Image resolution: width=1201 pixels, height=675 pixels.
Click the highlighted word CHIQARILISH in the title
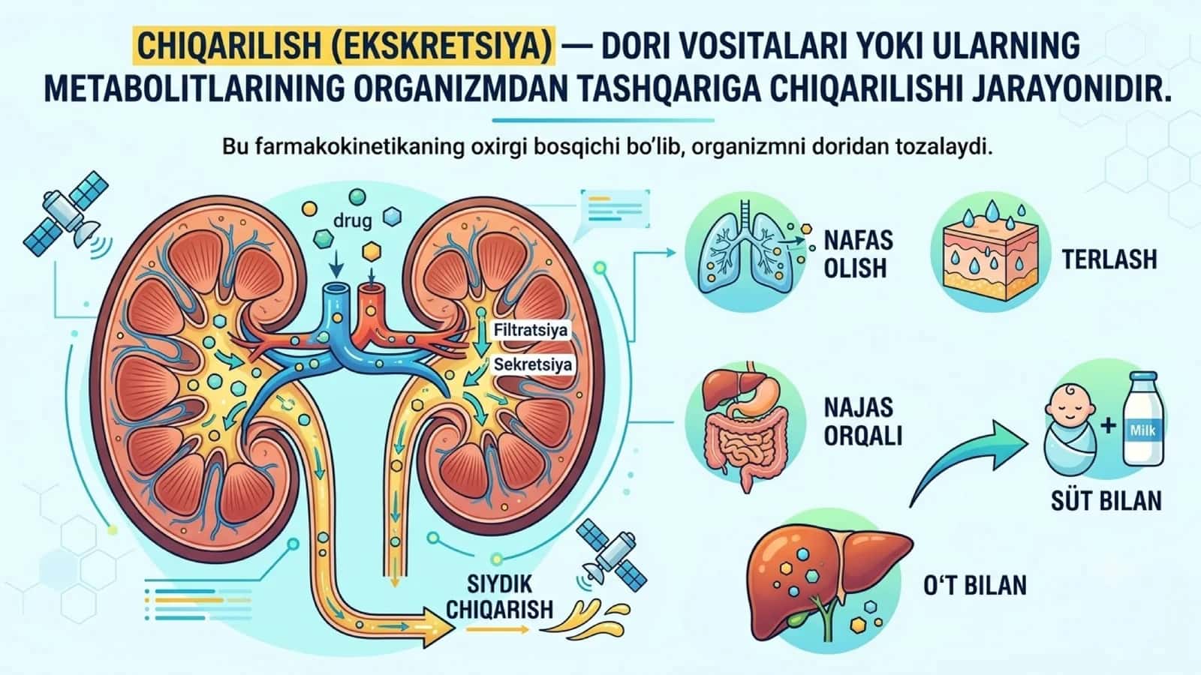tap(229, 46)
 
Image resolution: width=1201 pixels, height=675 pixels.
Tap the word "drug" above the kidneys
tap(352, 220)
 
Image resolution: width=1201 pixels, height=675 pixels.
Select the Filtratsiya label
tap(530, 330)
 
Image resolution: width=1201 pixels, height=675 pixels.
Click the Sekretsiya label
tap(532, 364)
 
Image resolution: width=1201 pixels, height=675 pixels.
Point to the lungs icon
tap(745, 250)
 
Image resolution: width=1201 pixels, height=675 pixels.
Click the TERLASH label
tap(1109, 259)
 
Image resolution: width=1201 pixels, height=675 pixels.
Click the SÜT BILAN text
tap(1106, 499)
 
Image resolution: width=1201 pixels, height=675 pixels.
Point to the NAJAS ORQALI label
tap(862, 421)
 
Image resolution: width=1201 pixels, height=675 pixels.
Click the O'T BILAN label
tap(975, 585)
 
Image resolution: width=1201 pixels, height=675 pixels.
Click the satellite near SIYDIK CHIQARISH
tap(611, 555)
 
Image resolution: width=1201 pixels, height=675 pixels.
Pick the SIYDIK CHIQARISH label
tap(499, 597)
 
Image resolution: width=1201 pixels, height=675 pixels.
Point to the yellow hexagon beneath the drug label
tap(371, 250)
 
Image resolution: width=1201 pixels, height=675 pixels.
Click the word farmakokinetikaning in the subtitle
tap(360, 147)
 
